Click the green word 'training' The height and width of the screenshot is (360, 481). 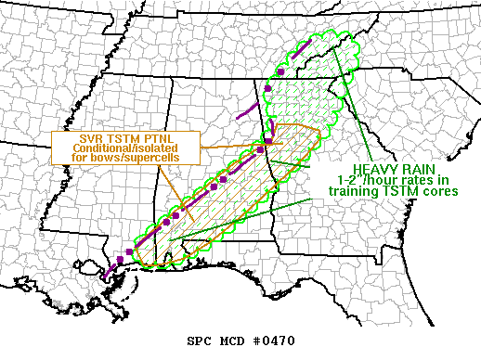pyautogui.click(x=353, y=191)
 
